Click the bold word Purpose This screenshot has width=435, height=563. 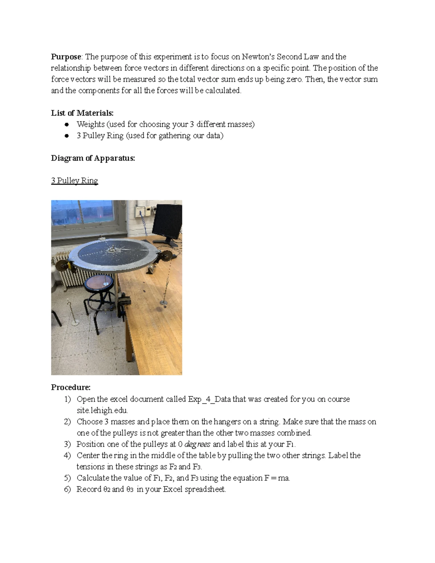click(66, 57)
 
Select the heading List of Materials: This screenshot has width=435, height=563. click(82, 113)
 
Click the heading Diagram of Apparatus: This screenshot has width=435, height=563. click(93, 158)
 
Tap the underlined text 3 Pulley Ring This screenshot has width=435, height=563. click(75, 181)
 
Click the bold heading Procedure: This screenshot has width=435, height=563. click(71, 387)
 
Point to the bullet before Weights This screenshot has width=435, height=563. click(67, 124)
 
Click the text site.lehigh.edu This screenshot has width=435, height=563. click(102, 410)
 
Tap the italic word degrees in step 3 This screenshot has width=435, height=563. click(198, 444)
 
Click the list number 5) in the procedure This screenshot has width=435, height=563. click(67, 478)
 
